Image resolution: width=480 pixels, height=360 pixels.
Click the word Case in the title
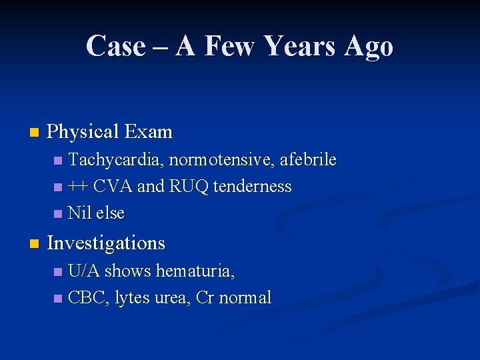click(x=115, y=46)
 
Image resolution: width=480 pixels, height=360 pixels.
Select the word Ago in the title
click(x=368, y=46)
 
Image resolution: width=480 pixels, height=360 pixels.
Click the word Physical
click(x=82, y=132)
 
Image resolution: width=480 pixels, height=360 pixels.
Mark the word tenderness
click(x=253, y=187)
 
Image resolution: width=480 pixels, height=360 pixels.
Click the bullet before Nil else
click(x=58, y=214)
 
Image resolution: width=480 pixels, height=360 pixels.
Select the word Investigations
click(x=106, y=243)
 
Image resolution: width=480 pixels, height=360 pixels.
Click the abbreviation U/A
click(x=84, y=271)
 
